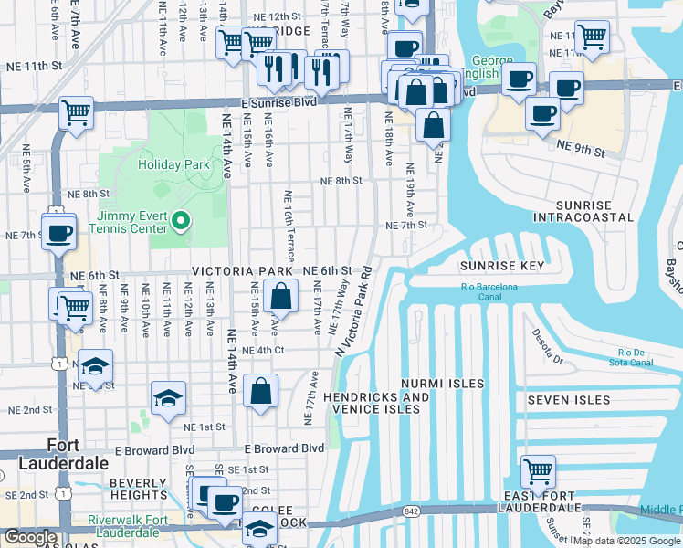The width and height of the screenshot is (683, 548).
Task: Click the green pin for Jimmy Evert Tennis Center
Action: click(181, 219)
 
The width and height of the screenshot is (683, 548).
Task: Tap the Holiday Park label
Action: click(173, 165)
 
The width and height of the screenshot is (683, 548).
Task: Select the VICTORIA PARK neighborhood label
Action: click(242, 272)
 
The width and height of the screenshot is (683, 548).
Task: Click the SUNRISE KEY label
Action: click(502, 266)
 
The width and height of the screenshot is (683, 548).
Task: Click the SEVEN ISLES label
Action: click(567, 400)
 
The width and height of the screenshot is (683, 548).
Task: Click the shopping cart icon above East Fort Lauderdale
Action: click(538, 472)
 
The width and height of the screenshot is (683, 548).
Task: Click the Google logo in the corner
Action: click(31, 537)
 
